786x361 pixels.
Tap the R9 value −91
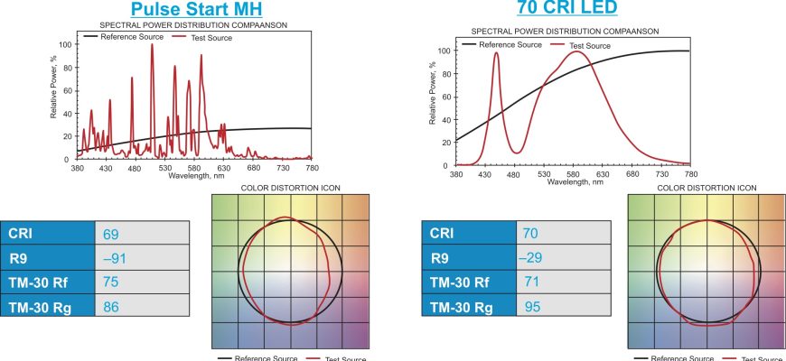click(115, 259)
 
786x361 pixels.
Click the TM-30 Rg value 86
click(111, 308)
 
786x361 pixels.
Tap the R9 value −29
click(534, 259)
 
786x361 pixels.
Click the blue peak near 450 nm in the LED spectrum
click(496, 54)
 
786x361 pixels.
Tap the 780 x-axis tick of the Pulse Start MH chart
click(312, 168)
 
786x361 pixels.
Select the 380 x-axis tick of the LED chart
click(455, 172)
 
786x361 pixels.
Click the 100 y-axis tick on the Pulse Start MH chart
click(64, 43)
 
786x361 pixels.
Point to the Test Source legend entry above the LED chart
click(588, 45)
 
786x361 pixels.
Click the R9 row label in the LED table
click(439, 259)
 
